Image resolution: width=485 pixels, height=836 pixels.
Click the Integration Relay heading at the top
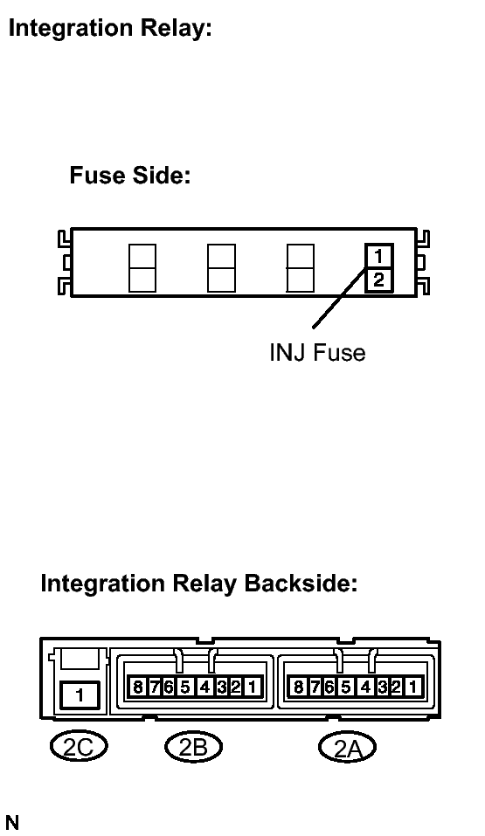click(x=110, y=29)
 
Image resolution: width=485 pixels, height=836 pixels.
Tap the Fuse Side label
click(x=129, y=175)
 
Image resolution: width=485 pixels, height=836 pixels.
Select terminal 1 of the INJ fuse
click(x=378, y=257)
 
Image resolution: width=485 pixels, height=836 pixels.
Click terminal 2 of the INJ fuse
click(x=378, y=280)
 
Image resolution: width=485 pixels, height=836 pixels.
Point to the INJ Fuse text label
click(x=317, y=352)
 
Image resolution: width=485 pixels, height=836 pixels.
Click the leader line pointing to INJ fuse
click(x=340, y=298)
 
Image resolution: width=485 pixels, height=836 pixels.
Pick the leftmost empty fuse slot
click(x=142, y=268)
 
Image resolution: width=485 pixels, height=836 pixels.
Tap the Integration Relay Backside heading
click(x=199, y=584)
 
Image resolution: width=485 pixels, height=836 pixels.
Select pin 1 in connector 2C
click(x=80, y=695)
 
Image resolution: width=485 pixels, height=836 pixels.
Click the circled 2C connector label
click(x=79, y=746)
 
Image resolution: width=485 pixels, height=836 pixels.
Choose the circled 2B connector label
click(x=193, y=746)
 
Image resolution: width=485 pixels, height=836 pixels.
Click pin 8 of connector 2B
click(x=138, y=687)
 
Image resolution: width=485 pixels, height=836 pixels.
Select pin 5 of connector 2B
click(x=185, y=687)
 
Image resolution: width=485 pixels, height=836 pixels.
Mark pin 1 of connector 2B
click(x=253, y=687)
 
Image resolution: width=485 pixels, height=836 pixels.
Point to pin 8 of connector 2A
click(x=298, y=687)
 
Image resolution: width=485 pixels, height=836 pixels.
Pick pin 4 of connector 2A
click(x=365, y=687)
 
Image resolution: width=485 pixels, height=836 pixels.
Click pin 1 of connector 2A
click(x=412, y=687)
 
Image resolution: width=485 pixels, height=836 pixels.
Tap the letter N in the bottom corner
click(x=11, y=823)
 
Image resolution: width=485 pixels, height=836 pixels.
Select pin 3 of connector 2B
click(x=222, y=687)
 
